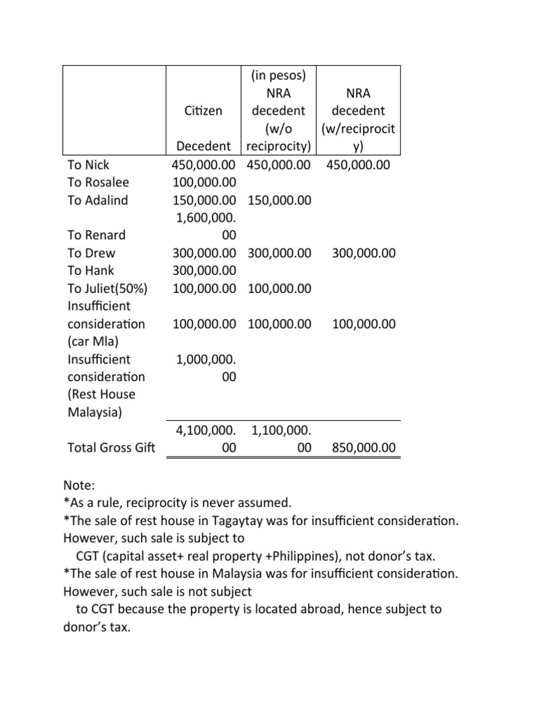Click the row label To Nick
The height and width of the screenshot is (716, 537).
tap(88, 165)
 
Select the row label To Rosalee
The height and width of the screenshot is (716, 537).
tap(99, 182)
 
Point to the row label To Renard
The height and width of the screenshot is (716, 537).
tap(96, 235)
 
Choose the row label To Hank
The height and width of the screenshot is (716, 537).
tap(90, 270)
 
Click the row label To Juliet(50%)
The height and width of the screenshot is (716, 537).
tap(107, 288)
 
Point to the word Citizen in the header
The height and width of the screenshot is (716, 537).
tap(203, 110)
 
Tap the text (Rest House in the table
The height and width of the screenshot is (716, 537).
tap(101, 394)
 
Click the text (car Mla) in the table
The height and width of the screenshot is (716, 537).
tap(94, 341)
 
